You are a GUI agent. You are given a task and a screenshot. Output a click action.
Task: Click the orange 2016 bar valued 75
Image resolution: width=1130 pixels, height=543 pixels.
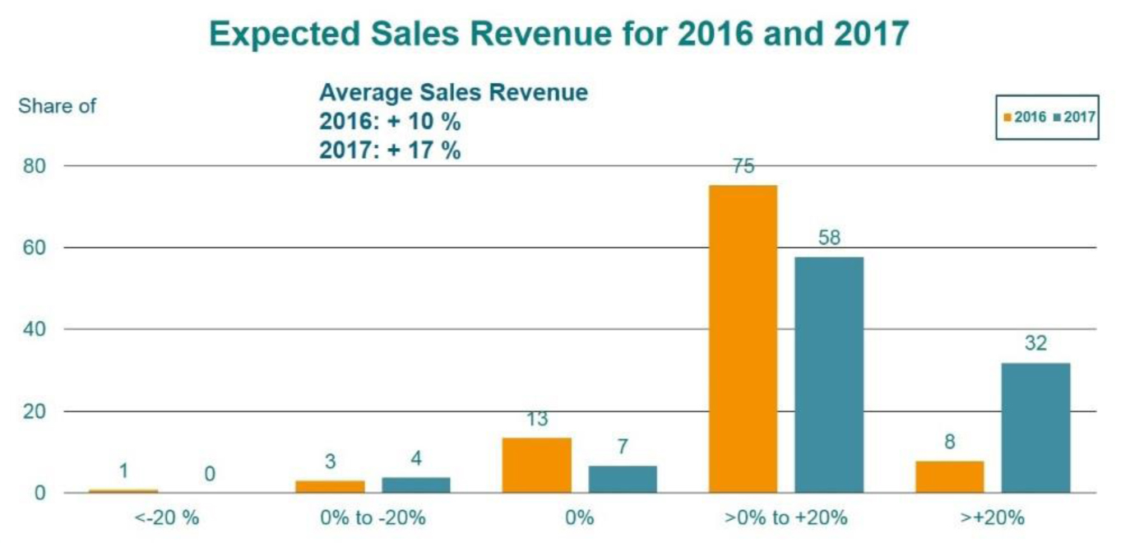click(743, 339)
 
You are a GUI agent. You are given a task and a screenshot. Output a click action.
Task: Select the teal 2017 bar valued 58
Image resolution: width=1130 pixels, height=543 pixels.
click(829, 375)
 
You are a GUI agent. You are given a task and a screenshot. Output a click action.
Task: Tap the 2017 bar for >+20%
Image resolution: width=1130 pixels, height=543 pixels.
click(1036, 428)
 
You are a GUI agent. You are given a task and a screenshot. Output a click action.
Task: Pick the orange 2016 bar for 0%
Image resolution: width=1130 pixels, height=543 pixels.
click(537, 465)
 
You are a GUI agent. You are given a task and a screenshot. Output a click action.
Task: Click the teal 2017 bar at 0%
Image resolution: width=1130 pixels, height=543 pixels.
click(623, 479)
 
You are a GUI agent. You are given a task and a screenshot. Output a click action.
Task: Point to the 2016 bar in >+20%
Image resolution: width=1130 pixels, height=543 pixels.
click(950, 476)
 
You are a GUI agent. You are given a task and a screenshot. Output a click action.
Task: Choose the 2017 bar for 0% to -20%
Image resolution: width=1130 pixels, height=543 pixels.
click(416, 485)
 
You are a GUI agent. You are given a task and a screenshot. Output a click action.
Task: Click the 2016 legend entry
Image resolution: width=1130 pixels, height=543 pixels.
click(1025, 117)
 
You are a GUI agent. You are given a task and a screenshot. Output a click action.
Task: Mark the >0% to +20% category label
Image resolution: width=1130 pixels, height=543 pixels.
click(786, 518)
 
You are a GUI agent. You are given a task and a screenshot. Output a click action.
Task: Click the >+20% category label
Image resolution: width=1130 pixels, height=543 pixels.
click(993, 518)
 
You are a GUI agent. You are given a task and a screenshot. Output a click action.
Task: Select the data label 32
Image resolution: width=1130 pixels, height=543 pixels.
click(1035, 343)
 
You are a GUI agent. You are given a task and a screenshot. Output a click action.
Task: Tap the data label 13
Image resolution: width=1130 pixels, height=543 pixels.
click(536, 419)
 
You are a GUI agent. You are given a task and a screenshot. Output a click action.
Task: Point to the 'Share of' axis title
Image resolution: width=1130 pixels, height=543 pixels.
click(58, 106)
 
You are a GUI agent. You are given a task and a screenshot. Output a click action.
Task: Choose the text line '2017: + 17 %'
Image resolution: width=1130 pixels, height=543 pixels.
click(390, 151)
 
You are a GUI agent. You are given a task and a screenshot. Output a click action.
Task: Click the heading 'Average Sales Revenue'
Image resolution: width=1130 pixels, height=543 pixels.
click(453, 92)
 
